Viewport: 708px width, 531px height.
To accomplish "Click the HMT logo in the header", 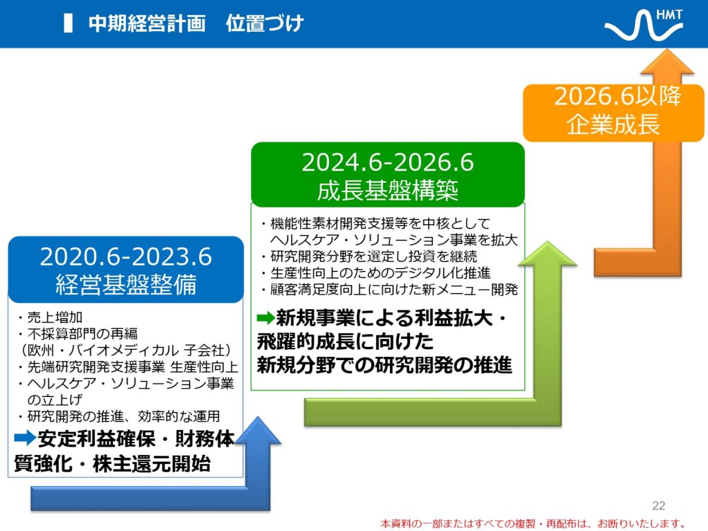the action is coord(644,25).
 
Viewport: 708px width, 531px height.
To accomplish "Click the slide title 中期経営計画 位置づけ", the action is coord(196,24).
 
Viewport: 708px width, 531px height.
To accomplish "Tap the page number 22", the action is coord(659,505).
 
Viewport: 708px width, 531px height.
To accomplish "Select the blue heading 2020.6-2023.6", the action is coord(126,257).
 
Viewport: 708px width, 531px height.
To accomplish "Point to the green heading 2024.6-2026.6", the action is coord(388,162).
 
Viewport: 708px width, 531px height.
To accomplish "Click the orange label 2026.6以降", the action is coord(617,96).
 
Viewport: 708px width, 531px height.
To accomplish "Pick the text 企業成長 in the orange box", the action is coord(613,124).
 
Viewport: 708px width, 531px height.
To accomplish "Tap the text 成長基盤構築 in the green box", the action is coord(388,190).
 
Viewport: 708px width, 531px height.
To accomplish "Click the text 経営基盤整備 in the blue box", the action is coord(126,284).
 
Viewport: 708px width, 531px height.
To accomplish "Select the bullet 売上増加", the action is coord(50,317).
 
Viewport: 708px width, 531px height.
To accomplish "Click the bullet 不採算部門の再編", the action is coord(77,334).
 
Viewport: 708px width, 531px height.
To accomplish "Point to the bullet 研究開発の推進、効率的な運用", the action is coord(119,416).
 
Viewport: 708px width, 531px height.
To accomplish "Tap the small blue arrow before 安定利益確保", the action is coord(25,438).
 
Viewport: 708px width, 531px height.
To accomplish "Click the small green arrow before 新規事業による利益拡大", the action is coord(265,318).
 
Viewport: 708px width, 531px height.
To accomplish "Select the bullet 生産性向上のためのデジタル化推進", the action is coord(375,272).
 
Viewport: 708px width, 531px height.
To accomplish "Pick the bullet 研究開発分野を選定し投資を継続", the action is coord(369,257).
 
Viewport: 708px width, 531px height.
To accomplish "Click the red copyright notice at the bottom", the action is coord(533,524).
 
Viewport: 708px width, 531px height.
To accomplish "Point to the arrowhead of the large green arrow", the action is coord(548,254).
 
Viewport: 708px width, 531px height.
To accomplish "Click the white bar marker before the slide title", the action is coord(68,24).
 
